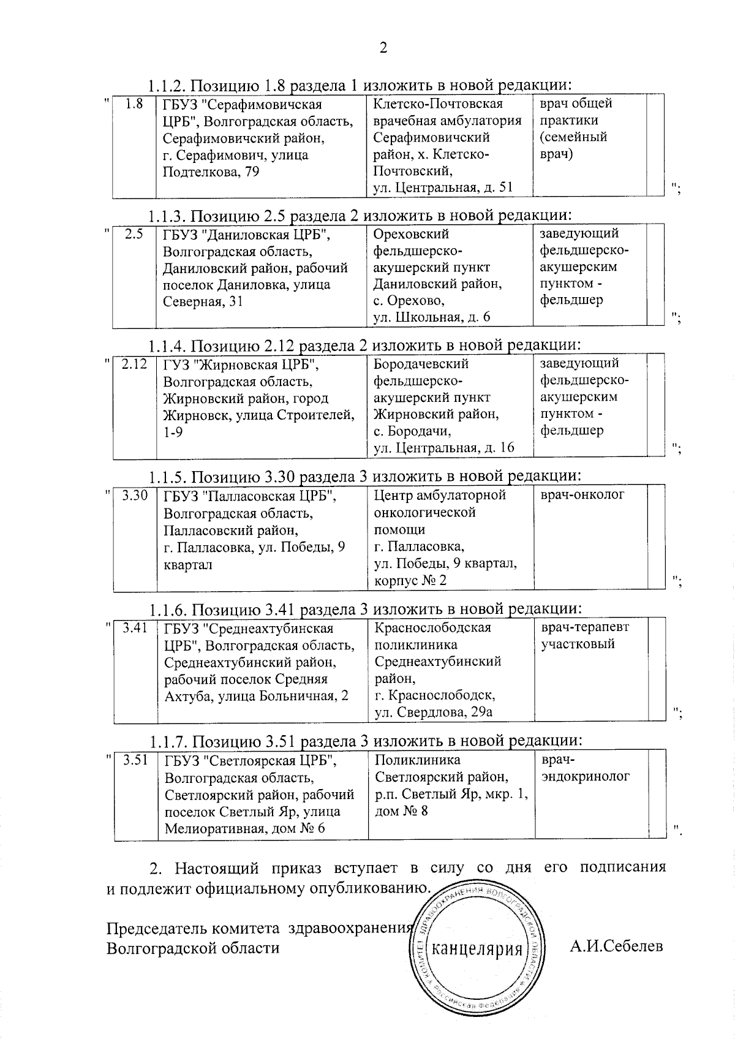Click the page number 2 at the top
[383, 48]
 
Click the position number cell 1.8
[134, 104]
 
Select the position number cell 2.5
[134, 234]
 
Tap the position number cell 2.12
[134, 364]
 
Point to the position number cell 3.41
[135, 627]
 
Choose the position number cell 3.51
[135, 760]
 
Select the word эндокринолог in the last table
[586, 776]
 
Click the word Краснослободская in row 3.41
[433, 628]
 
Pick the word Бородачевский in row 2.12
[421, 364]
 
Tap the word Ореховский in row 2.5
[411, 234]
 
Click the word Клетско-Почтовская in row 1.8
[438, 104]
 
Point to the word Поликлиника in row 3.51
[417, 760]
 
